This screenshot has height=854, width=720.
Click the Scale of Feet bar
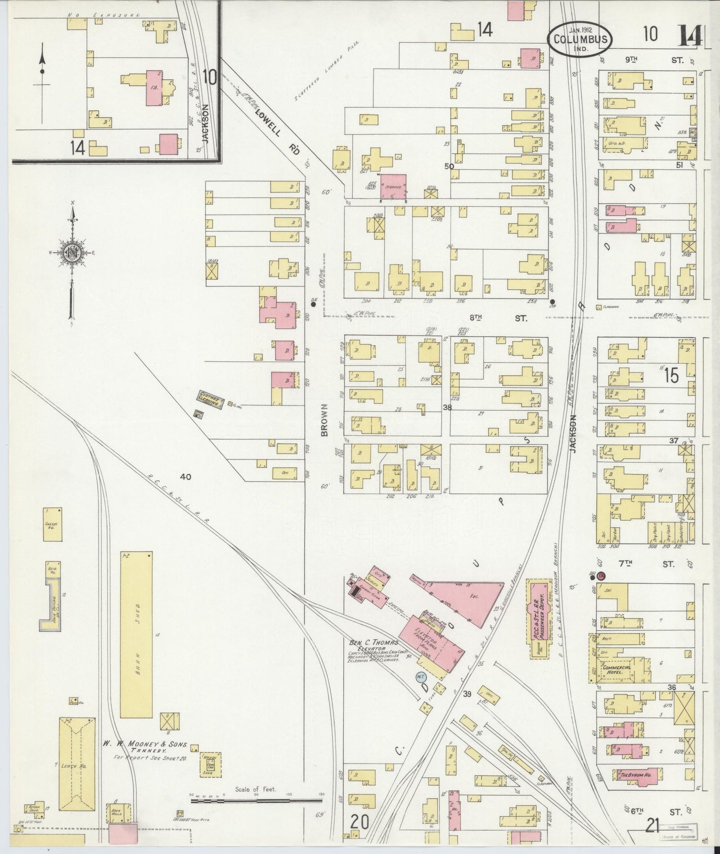click(x=257, y=802)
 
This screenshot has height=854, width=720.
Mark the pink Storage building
click(x=393, y=187)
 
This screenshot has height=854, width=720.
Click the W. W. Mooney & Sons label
click(x=145, y=744)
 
